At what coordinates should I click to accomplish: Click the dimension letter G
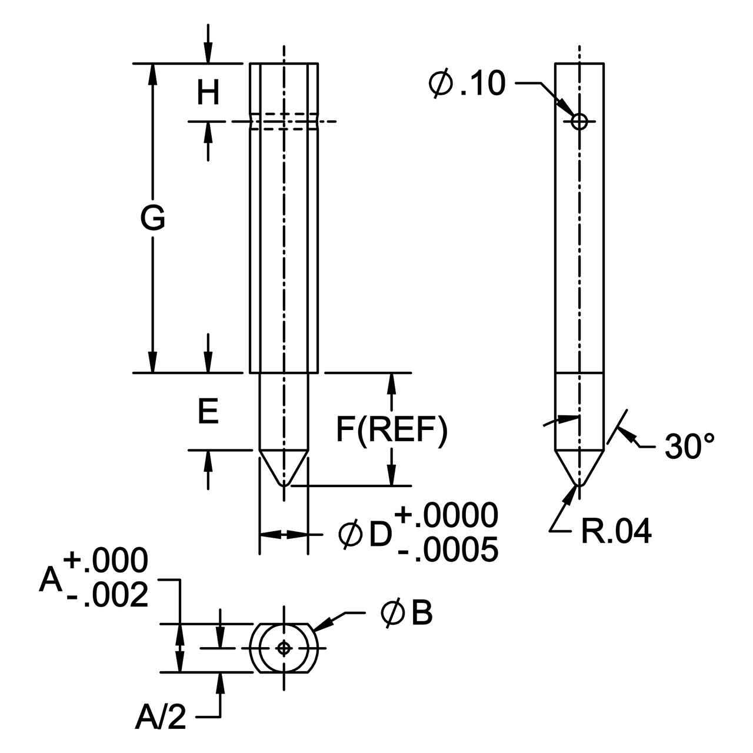coord(152,218)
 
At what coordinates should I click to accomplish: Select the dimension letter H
coord(208,92)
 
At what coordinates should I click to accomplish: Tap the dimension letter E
coord(208,412)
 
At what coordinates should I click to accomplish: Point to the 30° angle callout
coord(689,446)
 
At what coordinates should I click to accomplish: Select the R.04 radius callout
coord(617,531)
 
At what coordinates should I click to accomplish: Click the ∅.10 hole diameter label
coord(467,84)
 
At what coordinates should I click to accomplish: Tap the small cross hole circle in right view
coord(579,122)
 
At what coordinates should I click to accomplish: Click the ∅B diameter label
coord(407,613)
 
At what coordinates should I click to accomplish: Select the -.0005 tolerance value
coord(448,549)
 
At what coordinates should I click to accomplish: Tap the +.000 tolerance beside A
coord(106,560)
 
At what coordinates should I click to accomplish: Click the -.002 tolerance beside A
coord(108,595)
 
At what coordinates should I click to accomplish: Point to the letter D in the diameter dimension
coord(380,534)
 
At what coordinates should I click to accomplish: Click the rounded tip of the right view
coord(579,485)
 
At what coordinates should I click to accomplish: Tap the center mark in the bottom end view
coord(284,649)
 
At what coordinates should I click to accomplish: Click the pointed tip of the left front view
coord(284,485)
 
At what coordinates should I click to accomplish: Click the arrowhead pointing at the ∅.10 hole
coord(565,107)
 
